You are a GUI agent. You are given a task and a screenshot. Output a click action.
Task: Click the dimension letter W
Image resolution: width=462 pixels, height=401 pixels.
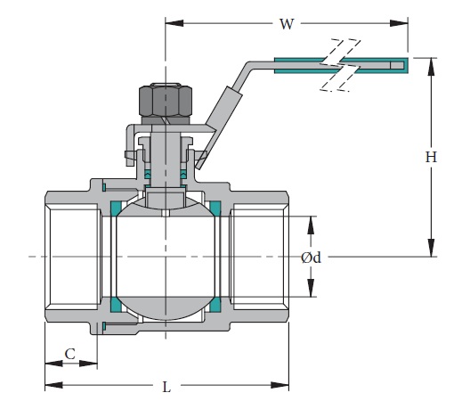(x=286, y=24)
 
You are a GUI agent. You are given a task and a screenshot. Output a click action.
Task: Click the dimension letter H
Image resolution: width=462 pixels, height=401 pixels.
(x=431, y=157)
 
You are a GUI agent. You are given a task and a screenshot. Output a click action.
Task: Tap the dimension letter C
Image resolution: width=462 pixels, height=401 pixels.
(x=70, y=354)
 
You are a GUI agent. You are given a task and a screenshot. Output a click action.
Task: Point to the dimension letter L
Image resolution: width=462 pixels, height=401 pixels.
(x=166, y=387)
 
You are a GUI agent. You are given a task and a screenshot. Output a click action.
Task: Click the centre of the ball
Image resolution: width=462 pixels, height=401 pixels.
(x=165, y=258)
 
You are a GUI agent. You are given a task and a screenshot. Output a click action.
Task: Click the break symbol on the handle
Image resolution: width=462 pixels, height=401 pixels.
(x=342, y=64)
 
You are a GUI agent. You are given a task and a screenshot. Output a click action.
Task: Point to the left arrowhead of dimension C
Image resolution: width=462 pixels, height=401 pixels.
(x=48, y=363)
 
